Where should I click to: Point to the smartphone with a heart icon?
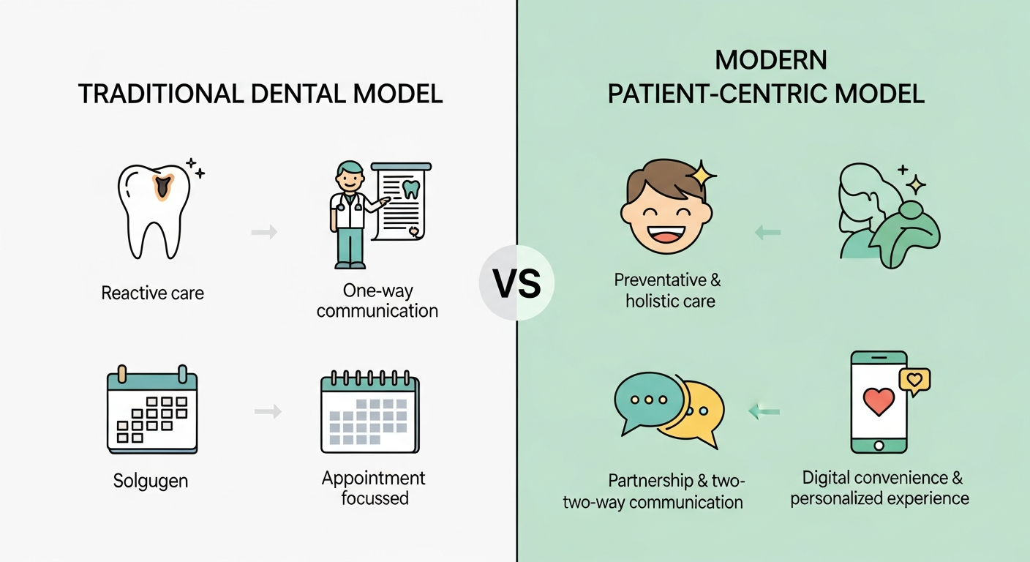click(879, 402)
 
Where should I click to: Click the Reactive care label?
click(152, 293)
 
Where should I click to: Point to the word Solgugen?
click(151, 481)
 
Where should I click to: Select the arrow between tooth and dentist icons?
click(264, 232)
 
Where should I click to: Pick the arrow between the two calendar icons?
click(268, 411)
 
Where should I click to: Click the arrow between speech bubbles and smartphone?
click(764, 411)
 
